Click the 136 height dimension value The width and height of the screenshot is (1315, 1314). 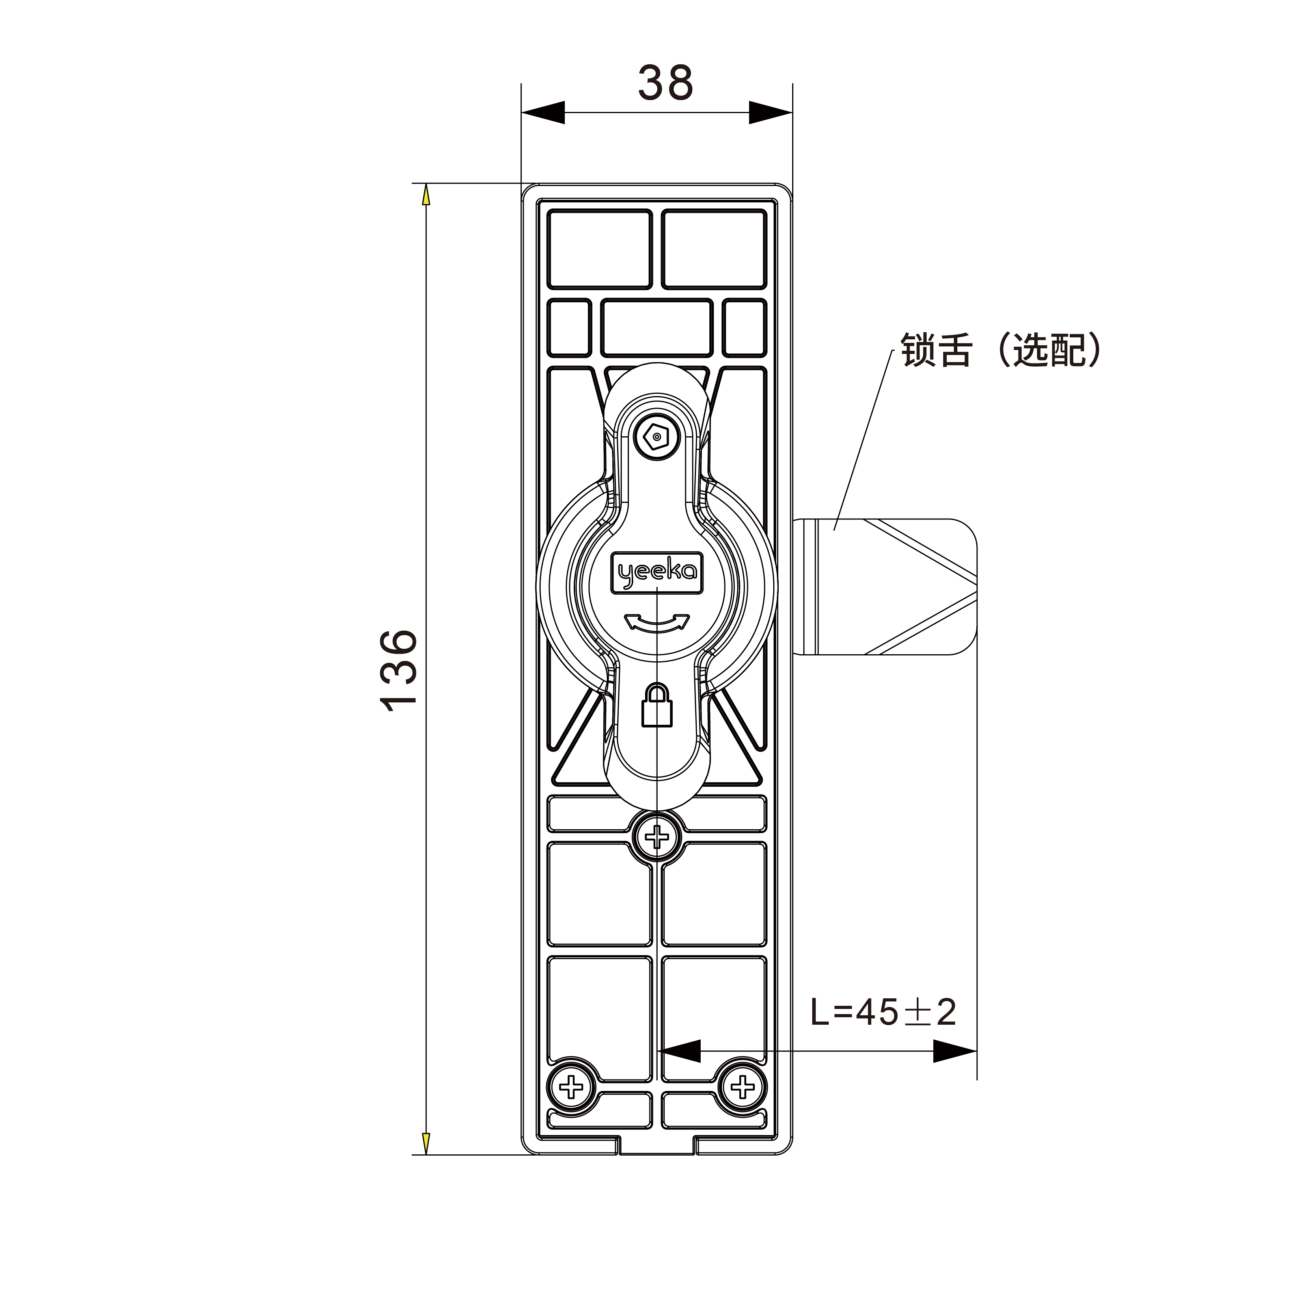(399, 671)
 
